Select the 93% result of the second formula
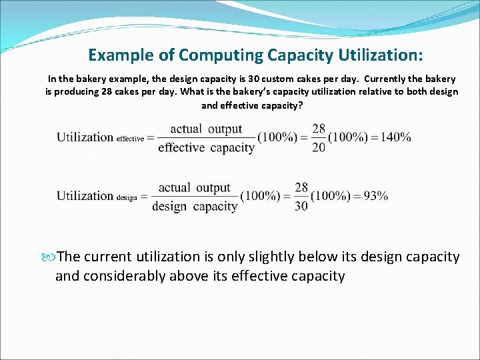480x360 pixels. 376,196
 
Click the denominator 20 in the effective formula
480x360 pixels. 319,147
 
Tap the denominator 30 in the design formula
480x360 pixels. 301,206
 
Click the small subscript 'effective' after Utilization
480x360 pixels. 130,139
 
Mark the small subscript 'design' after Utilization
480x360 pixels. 127,197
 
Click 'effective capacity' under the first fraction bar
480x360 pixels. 206,148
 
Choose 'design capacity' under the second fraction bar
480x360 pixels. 195,207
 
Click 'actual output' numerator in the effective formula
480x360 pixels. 206,129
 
